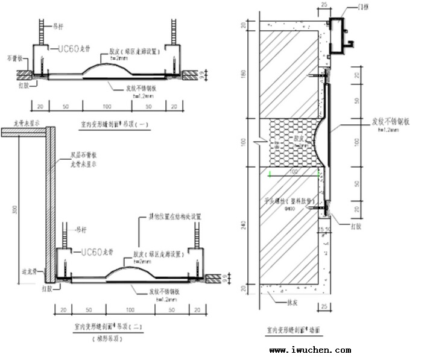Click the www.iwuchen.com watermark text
(x=309, y=350)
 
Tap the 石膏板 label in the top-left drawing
(x=15, y=59)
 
